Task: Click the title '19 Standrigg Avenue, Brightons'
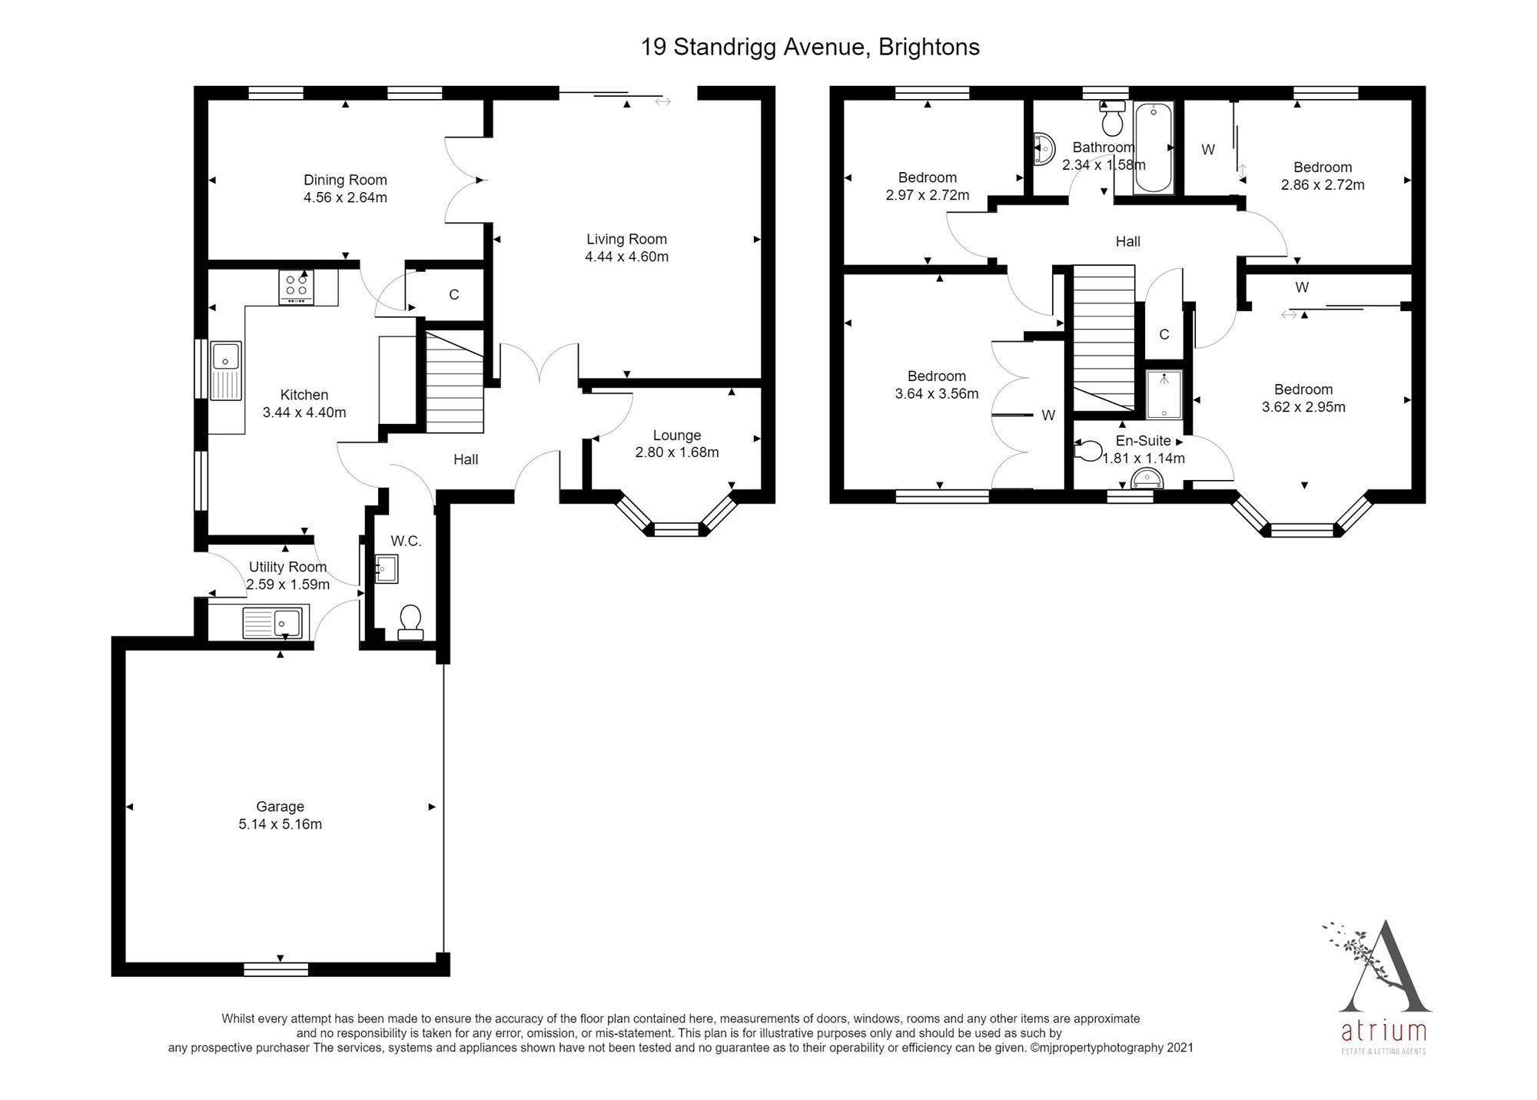click(810, 47)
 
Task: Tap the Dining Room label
click(345, 180)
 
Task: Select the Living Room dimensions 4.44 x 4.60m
click(626, 257)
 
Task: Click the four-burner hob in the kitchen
click(296, 287)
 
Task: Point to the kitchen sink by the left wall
click(226, 371)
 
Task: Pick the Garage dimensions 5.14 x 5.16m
click(280, 824)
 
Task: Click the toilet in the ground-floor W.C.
click(410, 622)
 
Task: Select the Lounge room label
click(677, 435)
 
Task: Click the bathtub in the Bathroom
click(1154, 147)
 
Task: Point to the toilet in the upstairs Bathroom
click(1112, 118)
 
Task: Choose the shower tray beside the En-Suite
click(1164, 394)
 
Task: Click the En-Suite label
click(1144, 441)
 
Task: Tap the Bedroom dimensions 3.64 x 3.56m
click(937, 394)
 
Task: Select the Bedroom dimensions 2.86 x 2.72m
click(1323, 185)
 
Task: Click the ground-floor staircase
click(454, 381)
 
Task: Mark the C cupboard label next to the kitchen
click(454, 294)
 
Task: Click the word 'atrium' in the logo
click(1383, 1031)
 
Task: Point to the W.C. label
click(406, 541)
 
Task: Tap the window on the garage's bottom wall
click(276, 969)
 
